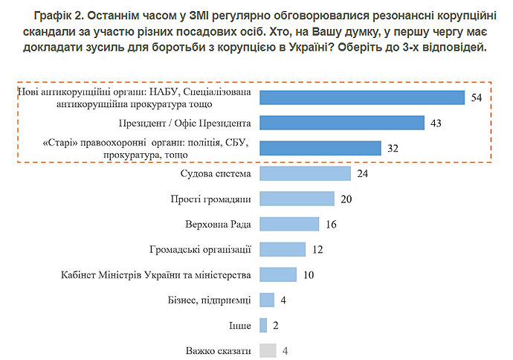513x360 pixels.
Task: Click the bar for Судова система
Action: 305,173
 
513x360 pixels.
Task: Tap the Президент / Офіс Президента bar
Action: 342,123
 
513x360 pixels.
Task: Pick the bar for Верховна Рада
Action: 289,224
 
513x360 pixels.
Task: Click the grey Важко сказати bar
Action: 268,350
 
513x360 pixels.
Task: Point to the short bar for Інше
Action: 263,325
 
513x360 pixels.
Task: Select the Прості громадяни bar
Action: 297,199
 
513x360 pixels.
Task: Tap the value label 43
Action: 436,123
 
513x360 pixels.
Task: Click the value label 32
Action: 393,148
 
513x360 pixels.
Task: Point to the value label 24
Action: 362,173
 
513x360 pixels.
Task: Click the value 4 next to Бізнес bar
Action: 284,300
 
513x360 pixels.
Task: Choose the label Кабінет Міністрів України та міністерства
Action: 155,274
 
